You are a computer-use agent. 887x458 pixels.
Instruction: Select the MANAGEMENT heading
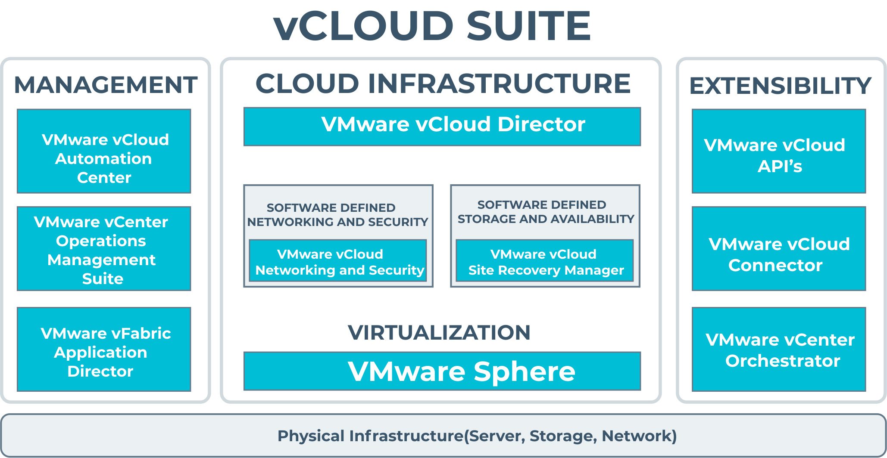point(106,85)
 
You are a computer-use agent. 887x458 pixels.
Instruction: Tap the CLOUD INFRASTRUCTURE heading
point(443,84)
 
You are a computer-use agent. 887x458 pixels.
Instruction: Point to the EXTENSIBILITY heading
point(780,86)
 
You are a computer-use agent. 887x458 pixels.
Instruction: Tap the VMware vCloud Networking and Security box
point(338,261)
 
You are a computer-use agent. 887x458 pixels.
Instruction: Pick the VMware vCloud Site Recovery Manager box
point(545,261)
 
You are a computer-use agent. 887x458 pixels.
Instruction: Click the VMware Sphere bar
point(442,371)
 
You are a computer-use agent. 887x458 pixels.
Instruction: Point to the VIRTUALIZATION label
point(439,333)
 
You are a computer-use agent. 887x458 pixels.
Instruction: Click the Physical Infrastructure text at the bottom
point(477,436)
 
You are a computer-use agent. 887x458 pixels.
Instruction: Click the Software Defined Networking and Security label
point(337,215)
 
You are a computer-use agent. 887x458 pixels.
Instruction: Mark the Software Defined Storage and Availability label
point(545,212)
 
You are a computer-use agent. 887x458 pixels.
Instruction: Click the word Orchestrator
point(782,361)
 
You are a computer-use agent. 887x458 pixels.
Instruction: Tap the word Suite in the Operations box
point(103,279)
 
